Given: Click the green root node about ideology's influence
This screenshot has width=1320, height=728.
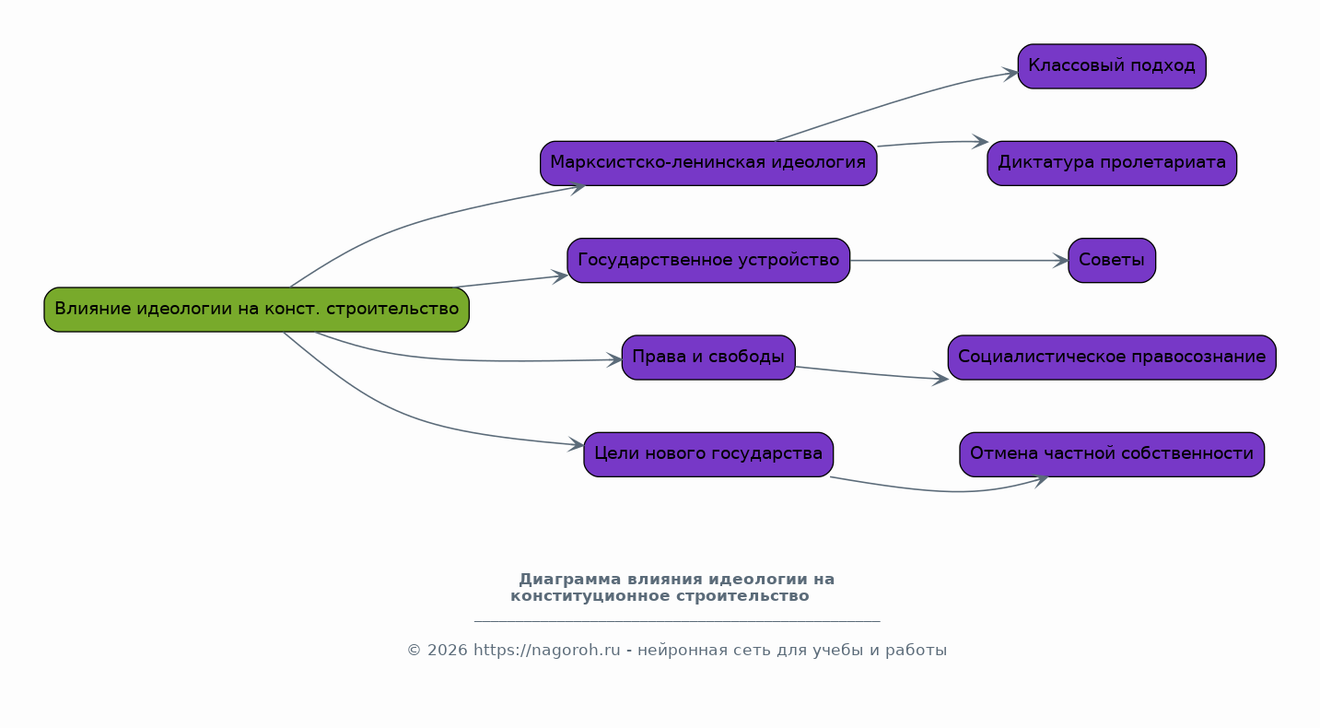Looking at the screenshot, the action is pos(256,310).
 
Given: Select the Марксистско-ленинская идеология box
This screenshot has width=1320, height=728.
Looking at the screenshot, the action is pos(708,163).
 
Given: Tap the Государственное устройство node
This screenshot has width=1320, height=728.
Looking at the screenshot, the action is pos(708,261).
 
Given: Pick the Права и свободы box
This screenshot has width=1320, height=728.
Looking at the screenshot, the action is pos(708,358).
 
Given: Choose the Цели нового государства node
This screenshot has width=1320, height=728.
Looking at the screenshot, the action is pos(708,454).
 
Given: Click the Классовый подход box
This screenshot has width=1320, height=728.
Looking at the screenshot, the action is pos(1112,66).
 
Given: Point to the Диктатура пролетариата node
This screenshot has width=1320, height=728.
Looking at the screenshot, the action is pos(1112,163).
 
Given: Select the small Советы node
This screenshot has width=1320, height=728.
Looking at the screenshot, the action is pos(1112,261).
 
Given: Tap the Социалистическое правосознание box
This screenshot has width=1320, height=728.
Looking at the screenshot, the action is pos(1112,358).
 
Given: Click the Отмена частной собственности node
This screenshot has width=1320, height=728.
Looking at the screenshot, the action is pos(1112,454).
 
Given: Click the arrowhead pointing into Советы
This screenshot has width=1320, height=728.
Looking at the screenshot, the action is pos(1061,261).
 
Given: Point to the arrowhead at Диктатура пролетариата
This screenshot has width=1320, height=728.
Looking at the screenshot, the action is pos(980,142).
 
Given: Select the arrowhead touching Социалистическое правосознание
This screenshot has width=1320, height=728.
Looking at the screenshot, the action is pos(940,379).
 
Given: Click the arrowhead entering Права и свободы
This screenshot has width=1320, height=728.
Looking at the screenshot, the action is pos(614,359).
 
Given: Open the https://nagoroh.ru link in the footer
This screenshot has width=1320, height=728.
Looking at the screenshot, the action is pos(547,651).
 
